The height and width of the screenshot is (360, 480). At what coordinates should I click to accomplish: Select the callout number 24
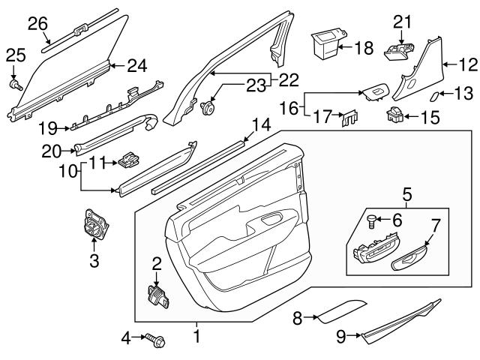(x=136, y=67)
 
